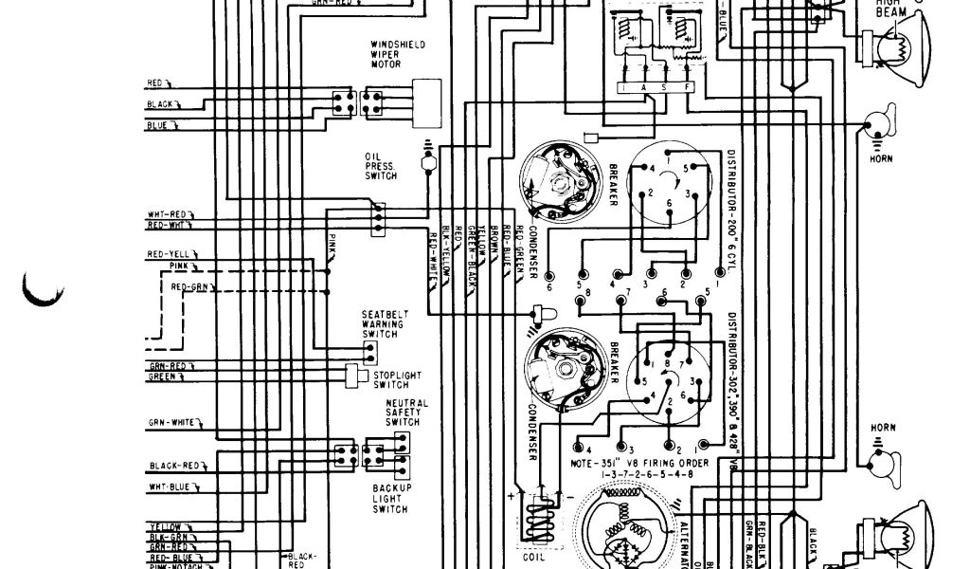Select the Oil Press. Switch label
[380, 167]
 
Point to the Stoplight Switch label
[390, 379]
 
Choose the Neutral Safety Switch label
[406, 413]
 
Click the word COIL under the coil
[534, 560]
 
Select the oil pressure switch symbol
[428, 164]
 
